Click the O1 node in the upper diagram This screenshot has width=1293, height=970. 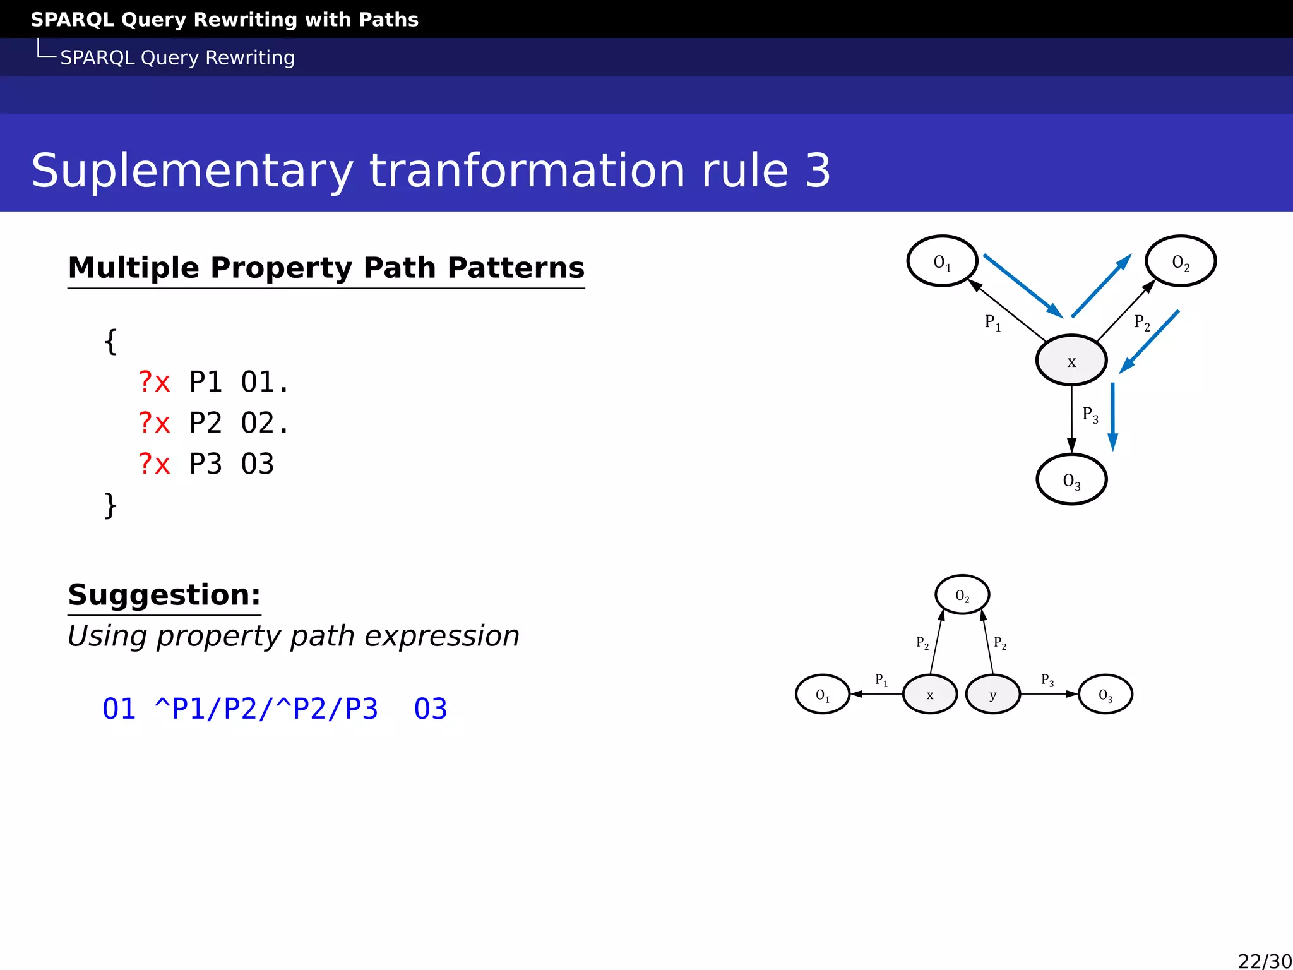point(942,261)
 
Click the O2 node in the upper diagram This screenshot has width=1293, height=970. point(1180,261)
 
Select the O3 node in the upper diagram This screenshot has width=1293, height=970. point(1071,479)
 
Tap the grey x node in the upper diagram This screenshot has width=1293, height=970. point(1071,361)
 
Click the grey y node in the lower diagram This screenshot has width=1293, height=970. point(992,694)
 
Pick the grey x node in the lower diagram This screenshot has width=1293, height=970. point(930,694)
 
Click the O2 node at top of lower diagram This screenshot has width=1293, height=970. point(962,594)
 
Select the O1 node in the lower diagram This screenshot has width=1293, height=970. point(822,694)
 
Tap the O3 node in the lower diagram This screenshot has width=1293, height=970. point(1105,694)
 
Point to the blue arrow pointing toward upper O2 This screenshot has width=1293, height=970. point(1101,286)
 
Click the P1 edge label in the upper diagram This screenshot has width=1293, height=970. point(992,323)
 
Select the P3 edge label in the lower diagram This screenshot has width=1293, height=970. point(1047,680)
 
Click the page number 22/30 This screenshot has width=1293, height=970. point(1265,961)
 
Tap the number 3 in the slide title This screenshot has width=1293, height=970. point(818,171)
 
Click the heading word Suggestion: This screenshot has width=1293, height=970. point(164,595)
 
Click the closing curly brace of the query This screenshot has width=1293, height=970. point(110,505)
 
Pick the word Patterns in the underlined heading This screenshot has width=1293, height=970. point(516,268)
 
